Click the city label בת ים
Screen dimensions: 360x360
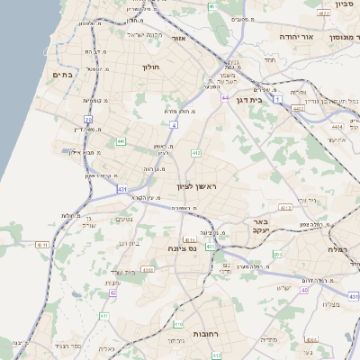coord(63,75)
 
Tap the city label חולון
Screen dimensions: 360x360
coord(149,67)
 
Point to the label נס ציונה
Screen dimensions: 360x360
coord(182,248)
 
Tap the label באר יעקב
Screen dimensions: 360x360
coord(261,226)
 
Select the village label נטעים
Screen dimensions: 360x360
coord(125,220)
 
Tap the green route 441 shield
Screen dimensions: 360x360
coord(121,141)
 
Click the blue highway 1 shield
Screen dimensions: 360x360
coord(278,97)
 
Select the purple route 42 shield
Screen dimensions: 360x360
coord(113,292)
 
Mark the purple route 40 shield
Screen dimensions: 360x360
coord(305,291)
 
